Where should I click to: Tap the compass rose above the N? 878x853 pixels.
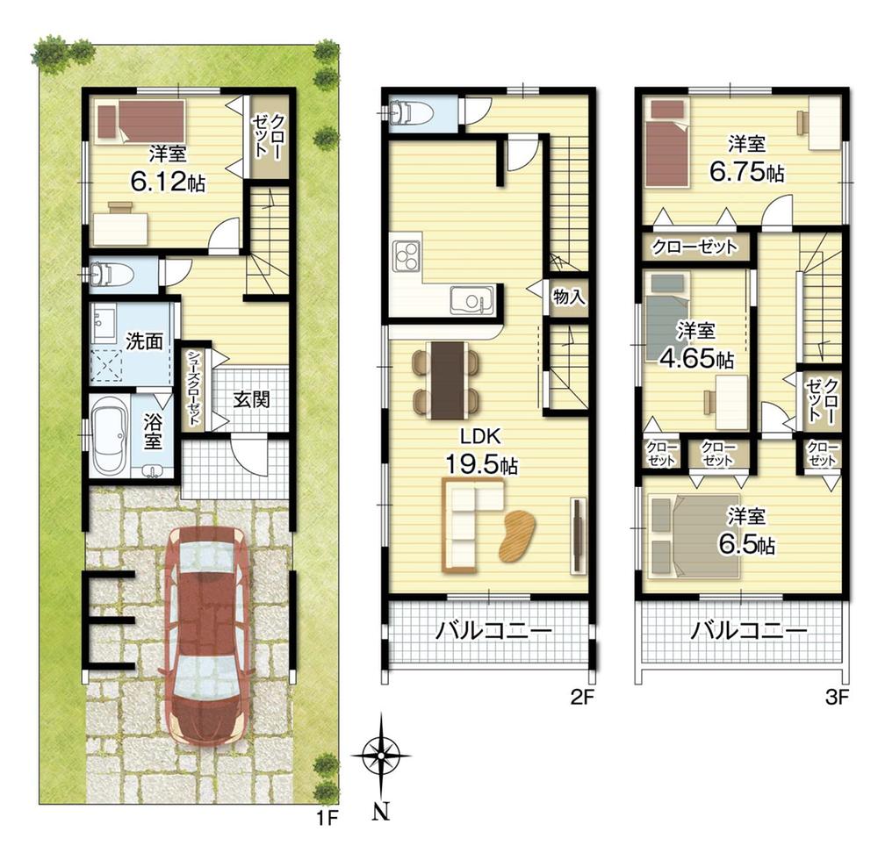381,756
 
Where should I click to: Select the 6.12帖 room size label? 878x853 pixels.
168,182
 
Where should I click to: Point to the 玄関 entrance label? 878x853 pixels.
251,399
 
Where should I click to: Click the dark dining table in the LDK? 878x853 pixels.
449,380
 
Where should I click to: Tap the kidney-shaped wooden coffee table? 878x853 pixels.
517,535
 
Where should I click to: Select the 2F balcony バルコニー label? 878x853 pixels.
493,631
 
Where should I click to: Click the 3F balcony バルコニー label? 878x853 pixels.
747,631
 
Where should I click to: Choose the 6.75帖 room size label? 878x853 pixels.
746,172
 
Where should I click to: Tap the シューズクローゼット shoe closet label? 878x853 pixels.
194,388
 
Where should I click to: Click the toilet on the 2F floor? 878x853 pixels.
410,112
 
